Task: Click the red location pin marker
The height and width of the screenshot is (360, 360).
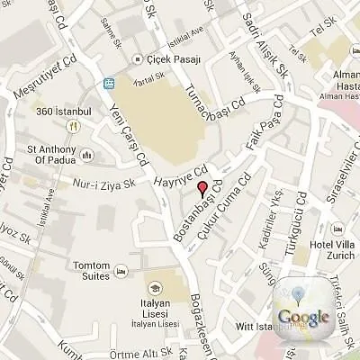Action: pos(202,188)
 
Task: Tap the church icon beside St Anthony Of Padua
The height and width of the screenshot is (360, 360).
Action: pos(88,156)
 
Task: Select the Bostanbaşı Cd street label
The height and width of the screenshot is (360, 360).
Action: pos(191,213)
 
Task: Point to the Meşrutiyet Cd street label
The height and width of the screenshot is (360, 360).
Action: pos(46,79)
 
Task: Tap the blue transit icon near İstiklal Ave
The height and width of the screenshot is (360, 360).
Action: pos(110,83)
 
